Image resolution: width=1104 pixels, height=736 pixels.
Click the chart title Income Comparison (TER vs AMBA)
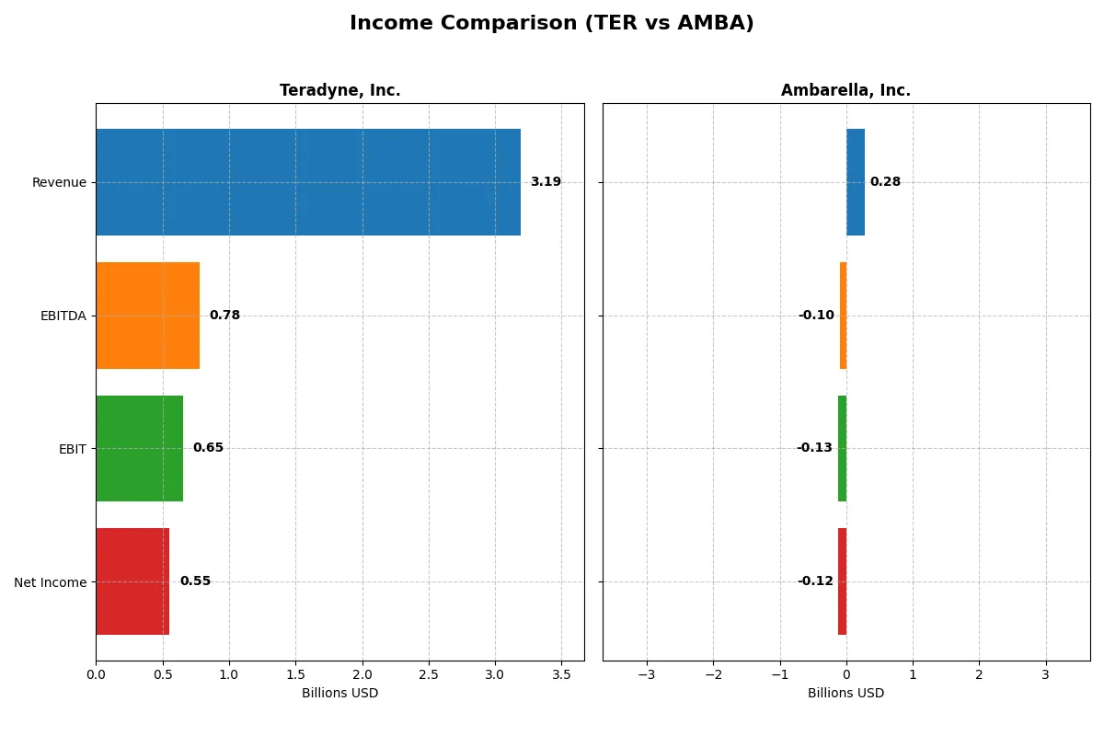coord(551,24)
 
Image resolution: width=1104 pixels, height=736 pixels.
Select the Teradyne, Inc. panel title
coord(339,90)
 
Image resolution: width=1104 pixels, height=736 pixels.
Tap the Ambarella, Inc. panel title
coord(845,90)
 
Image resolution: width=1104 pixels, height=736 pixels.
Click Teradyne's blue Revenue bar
coord(308,182)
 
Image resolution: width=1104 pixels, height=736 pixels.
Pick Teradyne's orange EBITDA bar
coord(148,316)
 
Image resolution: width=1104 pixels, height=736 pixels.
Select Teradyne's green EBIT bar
coord(140,448)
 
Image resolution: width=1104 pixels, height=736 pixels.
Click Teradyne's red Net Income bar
coord(132,581)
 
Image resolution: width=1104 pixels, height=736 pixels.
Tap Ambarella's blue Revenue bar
coord(856,182)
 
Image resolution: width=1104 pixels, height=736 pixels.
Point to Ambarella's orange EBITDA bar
coord(843,316)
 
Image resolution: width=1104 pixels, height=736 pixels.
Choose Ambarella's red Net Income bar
coord(842,581)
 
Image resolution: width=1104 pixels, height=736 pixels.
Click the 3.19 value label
coord(546,182)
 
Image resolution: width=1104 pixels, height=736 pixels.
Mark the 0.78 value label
coord(224,316)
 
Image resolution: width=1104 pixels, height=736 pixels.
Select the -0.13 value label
coord(814,448)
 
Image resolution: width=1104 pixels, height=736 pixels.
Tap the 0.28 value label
coord(885,182)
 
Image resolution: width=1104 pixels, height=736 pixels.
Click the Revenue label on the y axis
coord(59,182)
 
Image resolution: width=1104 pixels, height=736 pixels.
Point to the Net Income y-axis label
coord(51,582)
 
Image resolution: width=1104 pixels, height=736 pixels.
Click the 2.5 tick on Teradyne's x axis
coord(429,674)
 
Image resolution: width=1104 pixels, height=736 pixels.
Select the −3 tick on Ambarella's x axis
coord(646,674)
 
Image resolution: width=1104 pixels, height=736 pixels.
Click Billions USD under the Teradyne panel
coord(339,693)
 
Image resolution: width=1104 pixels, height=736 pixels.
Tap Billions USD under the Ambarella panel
coord(845,693)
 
